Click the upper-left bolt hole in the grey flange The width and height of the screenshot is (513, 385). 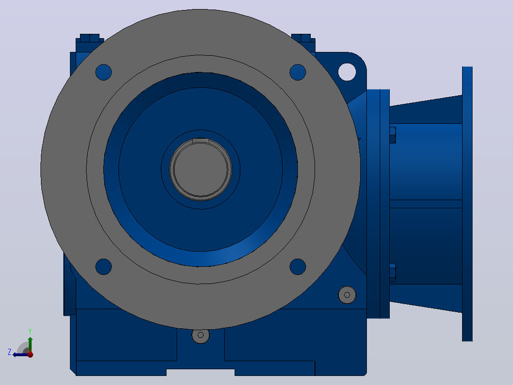point(103,72)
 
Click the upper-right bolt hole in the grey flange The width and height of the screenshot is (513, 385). point(298,72)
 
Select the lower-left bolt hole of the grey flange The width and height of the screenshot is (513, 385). point(103,267)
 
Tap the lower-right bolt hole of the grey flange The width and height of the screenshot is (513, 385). point(298,267)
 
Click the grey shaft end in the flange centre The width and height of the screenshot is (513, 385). point(200,170)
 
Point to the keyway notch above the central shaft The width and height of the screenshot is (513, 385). point(200,141)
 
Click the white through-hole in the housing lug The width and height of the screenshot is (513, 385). point(347,71)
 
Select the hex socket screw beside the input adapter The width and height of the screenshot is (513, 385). point(347,295)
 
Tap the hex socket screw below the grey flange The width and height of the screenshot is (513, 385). point(200,335)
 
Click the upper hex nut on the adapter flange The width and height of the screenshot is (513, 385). point(393,135)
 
